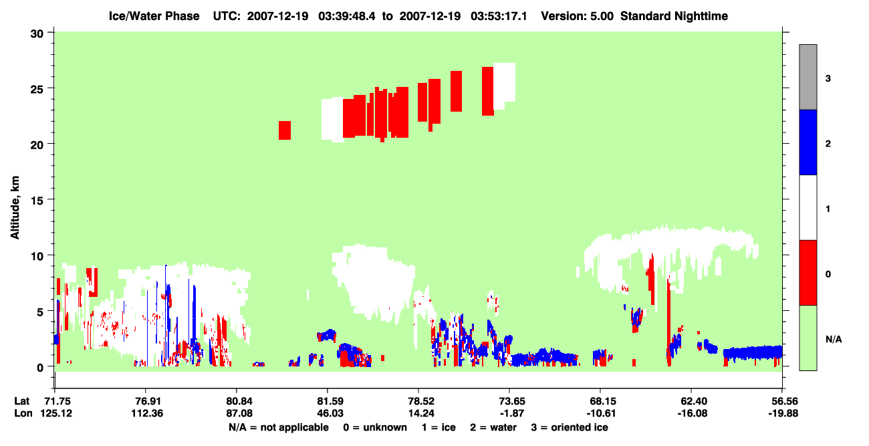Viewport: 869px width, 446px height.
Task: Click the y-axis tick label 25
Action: (x=37, y=89)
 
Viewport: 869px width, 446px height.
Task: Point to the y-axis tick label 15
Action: (x=37, y=201)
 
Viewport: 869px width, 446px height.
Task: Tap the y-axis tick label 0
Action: (x=40, y=368)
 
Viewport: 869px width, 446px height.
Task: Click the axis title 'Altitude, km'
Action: (x=15, y=208)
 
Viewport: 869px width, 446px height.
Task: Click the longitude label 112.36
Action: (x=147, y=413)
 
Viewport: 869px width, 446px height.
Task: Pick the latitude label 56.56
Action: (x=783, y=401)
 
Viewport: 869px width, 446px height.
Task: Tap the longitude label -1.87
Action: (x=512, y=413)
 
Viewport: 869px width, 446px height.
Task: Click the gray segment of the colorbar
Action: (x=808, y=77)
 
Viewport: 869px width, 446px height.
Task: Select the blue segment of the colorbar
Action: (x=808, y=142)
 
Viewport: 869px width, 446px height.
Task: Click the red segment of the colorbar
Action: (x=808, y=273)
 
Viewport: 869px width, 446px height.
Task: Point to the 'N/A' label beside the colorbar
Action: (x=834, y=340)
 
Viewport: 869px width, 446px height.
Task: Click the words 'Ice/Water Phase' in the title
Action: (x=154, y=16)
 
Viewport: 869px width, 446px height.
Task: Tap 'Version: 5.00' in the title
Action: (x=578, y=16)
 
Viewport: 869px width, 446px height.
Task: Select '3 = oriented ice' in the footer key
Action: (x=570, y=427)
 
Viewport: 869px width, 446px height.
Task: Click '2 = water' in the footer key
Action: (x=493, y=427)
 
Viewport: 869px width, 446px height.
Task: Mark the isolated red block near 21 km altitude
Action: (x=285, y=130)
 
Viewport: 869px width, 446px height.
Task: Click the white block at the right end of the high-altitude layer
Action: (x=504, y=84)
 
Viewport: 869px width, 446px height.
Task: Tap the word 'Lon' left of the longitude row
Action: (x=23, y=413)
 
